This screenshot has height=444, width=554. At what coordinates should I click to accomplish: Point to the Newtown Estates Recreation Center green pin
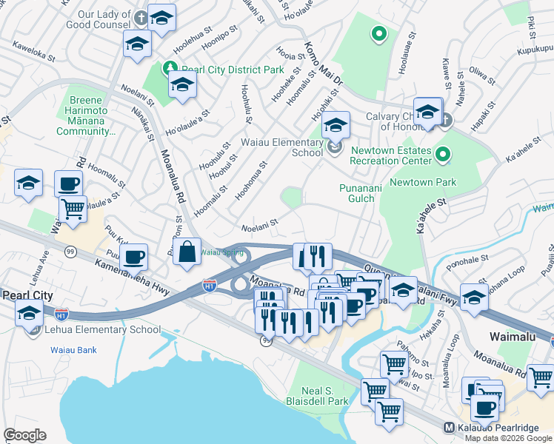pos(443,155)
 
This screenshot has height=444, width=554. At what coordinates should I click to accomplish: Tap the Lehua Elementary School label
pos(103,330)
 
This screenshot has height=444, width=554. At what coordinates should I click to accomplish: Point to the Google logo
pos(24,435)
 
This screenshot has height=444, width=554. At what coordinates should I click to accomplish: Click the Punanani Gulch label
pos(360,193)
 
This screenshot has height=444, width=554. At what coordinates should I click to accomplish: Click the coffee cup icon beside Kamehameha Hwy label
pos(134,258)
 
